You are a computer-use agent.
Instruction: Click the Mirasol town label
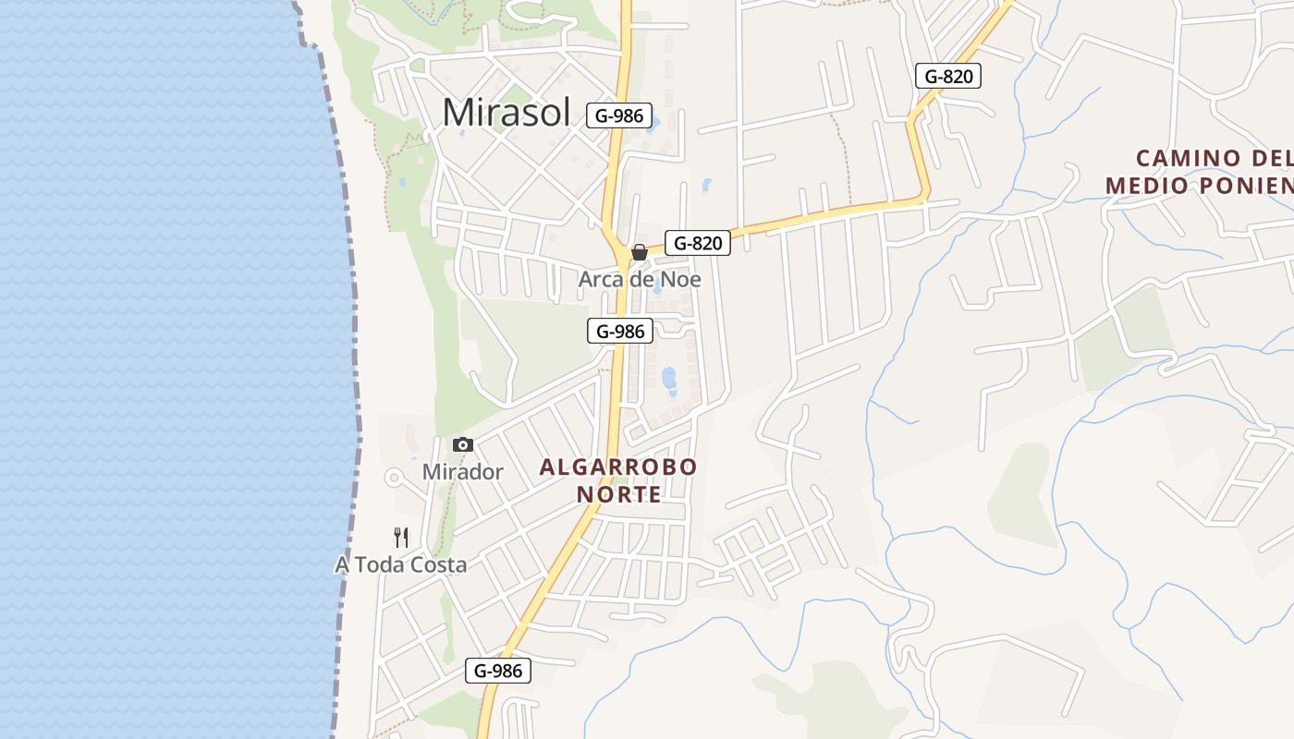click(506, 113)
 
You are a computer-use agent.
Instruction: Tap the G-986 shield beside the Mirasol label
click(619, 116)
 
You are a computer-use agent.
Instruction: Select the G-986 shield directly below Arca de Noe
click(619, 331)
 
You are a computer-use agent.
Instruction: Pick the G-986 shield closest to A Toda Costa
click(497, 671)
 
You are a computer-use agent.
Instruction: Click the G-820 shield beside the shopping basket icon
click(698, 243)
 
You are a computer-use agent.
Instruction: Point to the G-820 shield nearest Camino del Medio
click(947, 76)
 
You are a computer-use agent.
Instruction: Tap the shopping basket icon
click(639, 251)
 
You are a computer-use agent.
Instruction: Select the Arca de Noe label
click(640, 279)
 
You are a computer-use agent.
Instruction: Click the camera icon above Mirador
click(463, 444)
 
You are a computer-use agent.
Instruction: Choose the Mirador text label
click(462, 472)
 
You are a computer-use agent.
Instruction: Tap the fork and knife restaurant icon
click(401, 537)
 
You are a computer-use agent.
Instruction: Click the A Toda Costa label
click(400, 564)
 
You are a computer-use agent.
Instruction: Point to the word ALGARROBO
click(618, 467)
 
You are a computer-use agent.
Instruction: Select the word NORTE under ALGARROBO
click(618, 495)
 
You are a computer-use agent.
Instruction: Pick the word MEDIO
click(1146, 186)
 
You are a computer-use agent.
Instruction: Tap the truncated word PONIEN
click(1244, 186)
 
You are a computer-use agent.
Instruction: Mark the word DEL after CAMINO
click(1272, 158)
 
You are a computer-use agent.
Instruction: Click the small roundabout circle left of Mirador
click(394, 478)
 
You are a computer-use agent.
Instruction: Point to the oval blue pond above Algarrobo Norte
click(668, 377)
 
